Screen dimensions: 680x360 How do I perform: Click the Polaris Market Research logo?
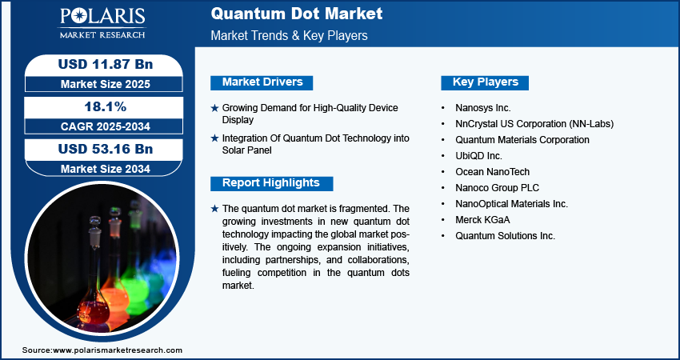tap(102, 23)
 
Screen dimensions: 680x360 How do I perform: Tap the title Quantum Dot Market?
tap(297, 14)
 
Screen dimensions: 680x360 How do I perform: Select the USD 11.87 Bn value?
tap(106, 64)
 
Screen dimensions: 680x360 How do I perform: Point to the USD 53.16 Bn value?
tap(106, 149)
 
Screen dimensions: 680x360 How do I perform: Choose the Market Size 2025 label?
tap(106, 84)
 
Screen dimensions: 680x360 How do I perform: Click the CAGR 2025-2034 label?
tap(106, 126)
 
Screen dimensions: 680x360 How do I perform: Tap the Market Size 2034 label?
tap(106, 169)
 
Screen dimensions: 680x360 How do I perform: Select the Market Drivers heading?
tap(262, 82)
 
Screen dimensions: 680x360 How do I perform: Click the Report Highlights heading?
tap(271, 183)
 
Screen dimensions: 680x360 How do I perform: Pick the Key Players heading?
tap(485, 82)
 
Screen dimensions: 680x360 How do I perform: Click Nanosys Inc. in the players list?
tap(483, 107)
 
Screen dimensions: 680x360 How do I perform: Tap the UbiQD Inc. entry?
tap(478, 156)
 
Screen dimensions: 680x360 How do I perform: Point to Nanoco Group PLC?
tap(498, 188)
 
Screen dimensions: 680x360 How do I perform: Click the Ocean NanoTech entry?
tap(493, 172)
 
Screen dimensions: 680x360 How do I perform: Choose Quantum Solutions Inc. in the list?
tap(506, 236)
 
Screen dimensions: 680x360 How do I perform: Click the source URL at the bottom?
tap(118, 350)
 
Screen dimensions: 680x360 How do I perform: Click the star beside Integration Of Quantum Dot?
tap(214, 138)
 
